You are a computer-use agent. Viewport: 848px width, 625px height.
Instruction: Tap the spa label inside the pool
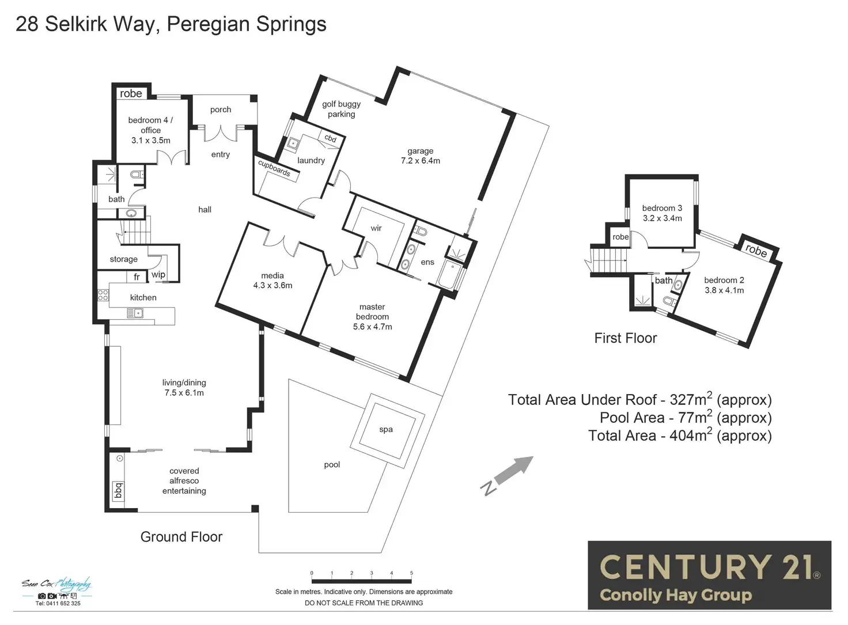[386, 429]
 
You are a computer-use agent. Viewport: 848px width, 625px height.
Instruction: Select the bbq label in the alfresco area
[119, 490]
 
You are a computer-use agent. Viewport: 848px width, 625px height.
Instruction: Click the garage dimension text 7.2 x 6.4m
[421, 161]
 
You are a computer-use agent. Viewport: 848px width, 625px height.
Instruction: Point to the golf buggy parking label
[342, 109]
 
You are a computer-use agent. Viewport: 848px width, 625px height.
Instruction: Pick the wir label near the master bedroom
[376, 228]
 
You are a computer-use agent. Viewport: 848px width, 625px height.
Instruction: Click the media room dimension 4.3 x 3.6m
[272, 285]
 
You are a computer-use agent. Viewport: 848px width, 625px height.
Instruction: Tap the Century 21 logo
[709, 575]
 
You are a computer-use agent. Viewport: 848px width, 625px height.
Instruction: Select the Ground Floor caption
[181, 537]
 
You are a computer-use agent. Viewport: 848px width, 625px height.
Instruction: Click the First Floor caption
[626, 338]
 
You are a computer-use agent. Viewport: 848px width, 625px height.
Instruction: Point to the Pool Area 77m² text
[686, 418]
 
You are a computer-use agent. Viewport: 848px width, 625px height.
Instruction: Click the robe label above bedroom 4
[131, 93]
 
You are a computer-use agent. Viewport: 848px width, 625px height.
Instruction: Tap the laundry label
[311, 161]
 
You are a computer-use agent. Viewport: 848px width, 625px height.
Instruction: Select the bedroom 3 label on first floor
[662, 208]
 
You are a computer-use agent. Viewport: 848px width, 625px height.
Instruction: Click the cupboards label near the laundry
[274, 168]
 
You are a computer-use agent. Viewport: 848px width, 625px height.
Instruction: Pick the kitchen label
[143, 297]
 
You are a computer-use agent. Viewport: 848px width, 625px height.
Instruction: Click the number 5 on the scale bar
[411, 573]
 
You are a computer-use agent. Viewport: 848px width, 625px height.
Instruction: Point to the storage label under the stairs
[123, 259]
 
